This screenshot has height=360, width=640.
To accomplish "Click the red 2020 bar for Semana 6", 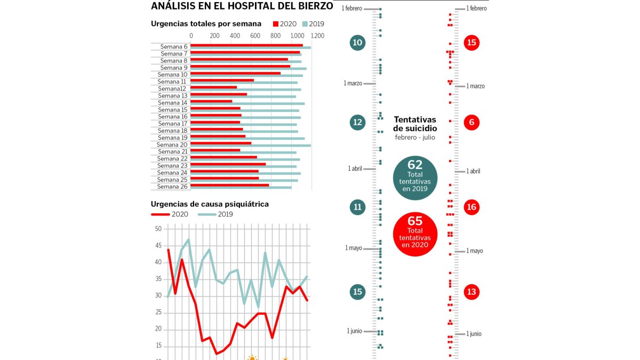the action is (246, 45).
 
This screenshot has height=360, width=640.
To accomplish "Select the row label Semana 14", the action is (173, 103).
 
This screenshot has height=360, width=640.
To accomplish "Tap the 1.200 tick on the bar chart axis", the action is (317, 36).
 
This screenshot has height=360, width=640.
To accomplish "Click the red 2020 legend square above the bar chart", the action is (275, 24).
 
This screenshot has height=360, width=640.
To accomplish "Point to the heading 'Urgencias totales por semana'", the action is (206, 23).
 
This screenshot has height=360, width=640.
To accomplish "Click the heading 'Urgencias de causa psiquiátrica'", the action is (210, 204).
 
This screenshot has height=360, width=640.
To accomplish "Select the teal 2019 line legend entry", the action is (215, 214).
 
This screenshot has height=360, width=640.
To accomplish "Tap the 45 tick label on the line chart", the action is (158, 246).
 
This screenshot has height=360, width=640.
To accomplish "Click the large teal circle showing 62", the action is (415, 178).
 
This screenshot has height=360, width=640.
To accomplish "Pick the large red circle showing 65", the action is (415, 234).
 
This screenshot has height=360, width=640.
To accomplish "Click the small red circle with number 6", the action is (471, 122).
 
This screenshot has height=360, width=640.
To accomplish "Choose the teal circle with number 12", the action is (357, 122).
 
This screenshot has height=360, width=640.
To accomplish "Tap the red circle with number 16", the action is (471, 207).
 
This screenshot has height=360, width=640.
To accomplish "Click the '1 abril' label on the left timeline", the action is (355, 169).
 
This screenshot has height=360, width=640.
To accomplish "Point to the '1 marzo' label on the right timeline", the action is (475, 86).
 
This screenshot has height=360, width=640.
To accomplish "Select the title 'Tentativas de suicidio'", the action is (415, 124).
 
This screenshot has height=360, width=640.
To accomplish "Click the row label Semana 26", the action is (172, 187).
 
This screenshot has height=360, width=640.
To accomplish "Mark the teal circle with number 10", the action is (357, 43).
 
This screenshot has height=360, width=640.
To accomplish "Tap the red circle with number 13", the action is (471, 292).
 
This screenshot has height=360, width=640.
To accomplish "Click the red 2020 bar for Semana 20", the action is (221, 143).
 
